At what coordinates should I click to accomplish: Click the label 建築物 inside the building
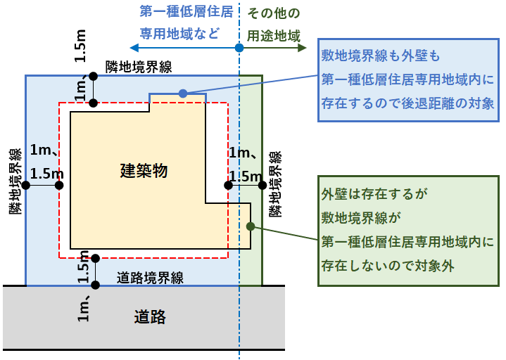(144, 171)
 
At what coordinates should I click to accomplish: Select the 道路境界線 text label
(149, 278)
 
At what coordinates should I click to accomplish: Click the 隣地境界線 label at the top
(139, 67)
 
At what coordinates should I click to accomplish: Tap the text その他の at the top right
(273, 13)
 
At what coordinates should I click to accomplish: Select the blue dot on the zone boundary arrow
(239, 48)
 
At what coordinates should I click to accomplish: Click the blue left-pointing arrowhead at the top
(134, 48)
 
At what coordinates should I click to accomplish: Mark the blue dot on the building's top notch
(182, 93)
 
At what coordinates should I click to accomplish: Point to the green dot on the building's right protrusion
(250, 226)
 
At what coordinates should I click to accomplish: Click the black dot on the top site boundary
(93, 75)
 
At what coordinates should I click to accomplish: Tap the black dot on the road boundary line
(95, 285)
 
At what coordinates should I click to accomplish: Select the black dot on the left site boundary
(26, 186)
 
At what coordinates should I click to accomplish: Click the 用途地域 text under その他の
(273, 34)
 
